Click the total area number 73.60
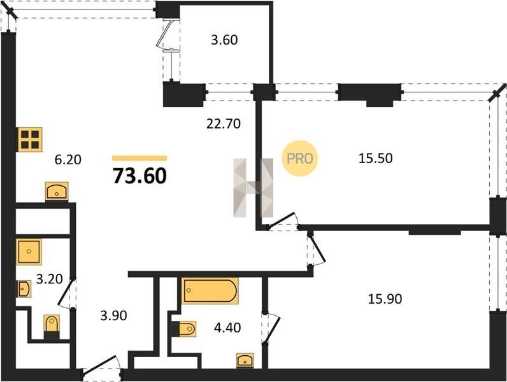[139, 176]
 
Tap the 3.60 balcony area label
[224, 39]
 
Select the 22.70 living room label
[224, 124]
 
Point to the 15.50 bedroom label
[376, 158]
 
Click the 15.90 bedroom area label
[385, 299]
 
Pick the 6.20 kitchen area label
[68, 159]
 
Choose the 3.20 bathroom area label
[49, 279]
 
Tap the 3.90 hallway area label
[113, 315]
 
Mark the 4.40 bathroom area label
[227, 328]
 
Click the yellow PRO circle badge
[300, 159]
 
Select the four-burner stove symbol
[30, 139]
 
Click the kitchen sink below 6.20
[57, 192]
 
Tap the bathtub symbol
[210, 290]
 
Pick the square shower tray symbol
[29, 251]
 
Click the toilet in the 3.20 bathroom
[52, 327]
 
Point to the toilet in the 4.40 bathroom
[183, 329]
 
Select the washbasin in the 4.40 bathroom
[245, 360]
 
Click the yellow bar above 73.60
[139, 158]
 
